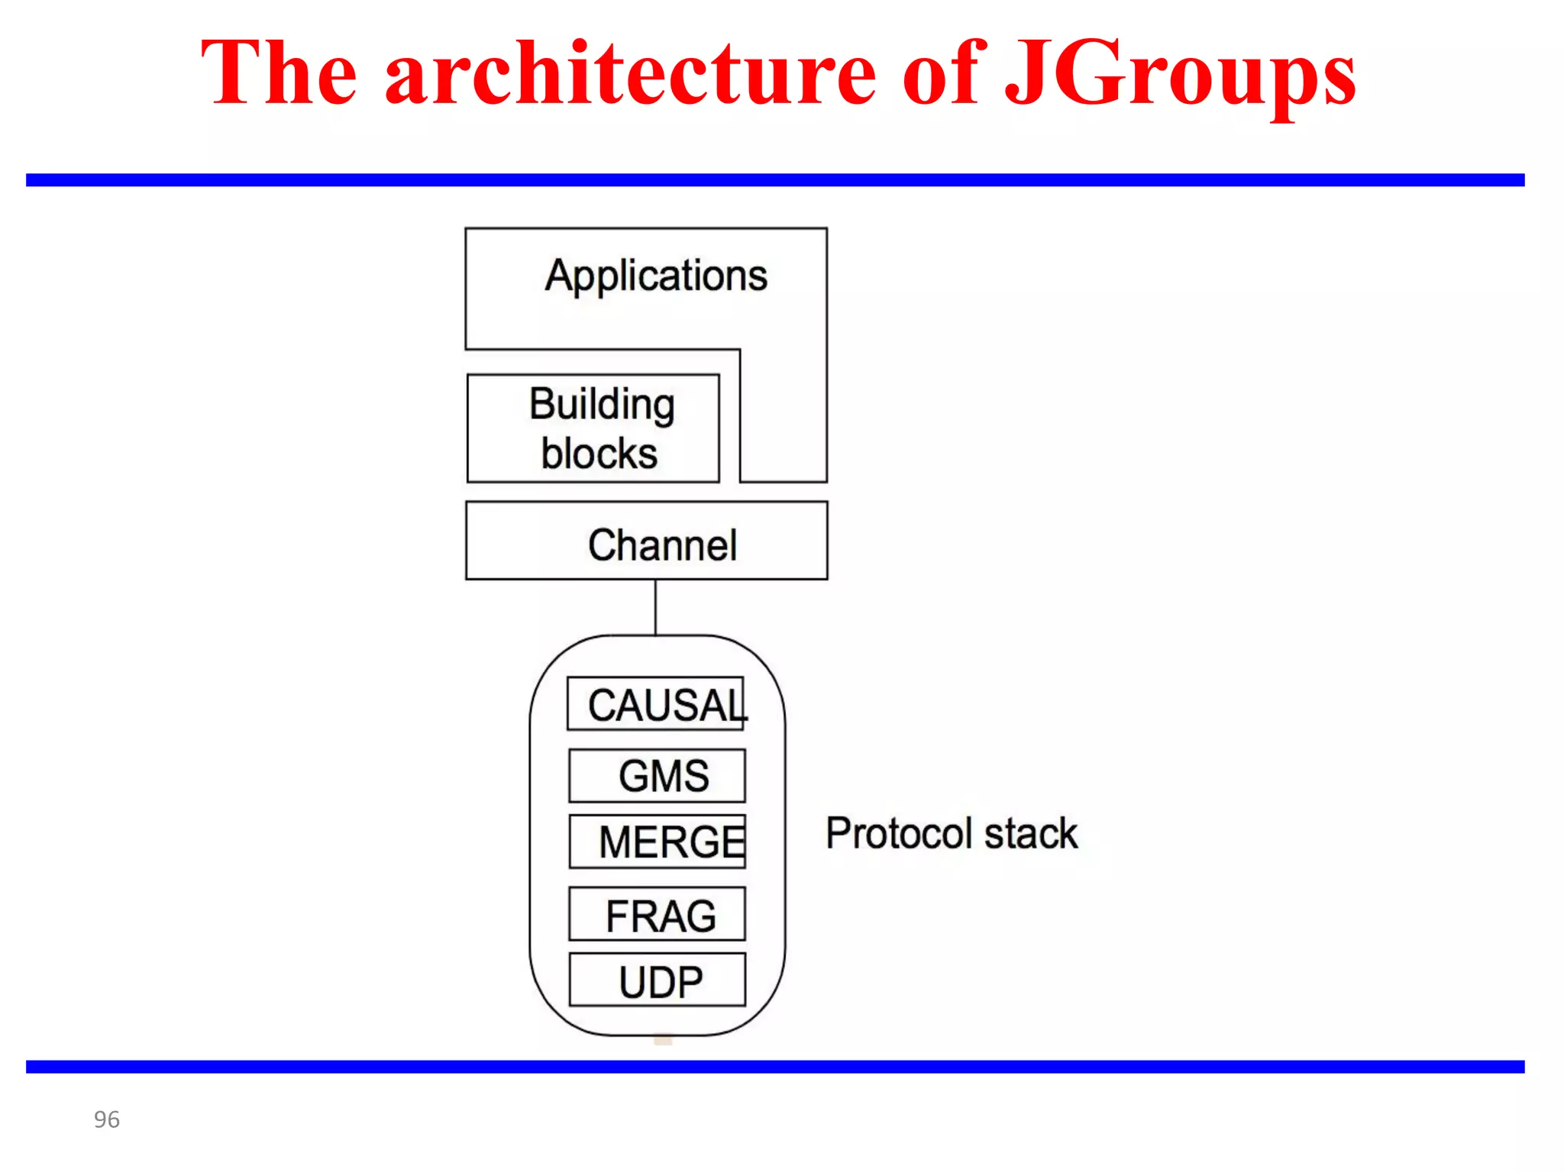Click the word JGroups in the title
coord(1180,75)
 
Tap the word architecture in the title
coord(631,75)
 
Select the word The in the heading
coord(279,75)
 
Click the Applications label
coord(656,276)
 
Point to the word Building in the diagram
coord(602,404)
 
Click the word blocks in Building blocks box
coord(599,454)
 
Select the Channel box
coord(646,541)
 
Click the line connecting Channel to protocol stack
coord(655,607)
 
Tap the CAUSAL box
coord(655,703)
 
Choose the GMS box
coord(657,776)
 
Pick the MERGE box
coord(657,842)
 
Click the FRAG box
coord(657,914)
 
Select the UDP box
coord(657,980)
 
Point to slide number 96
coord(107,1120)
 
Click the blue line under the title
coord(775,180)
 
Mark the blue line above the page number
coord(775,1067)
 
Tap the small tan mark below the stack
coord(663,1040)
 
